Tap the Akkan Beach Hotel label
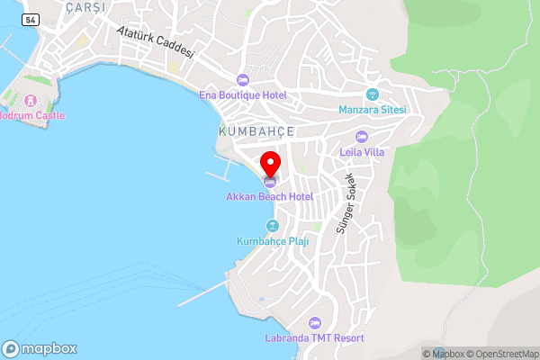point(270,196)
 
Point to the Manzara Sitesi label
point(373,110)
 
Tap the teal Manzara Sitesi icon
point(373,94)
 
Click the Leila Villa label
point(362,152)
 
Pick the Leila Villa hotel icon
point(362,137)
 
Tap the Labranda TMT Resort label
point(314,337)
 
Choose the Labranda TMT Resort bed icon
point(314,323)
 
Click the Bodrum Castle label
point(31,115)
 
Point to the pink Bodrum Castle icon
point(31,100)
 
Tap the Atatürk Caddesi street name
point(156,41)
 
